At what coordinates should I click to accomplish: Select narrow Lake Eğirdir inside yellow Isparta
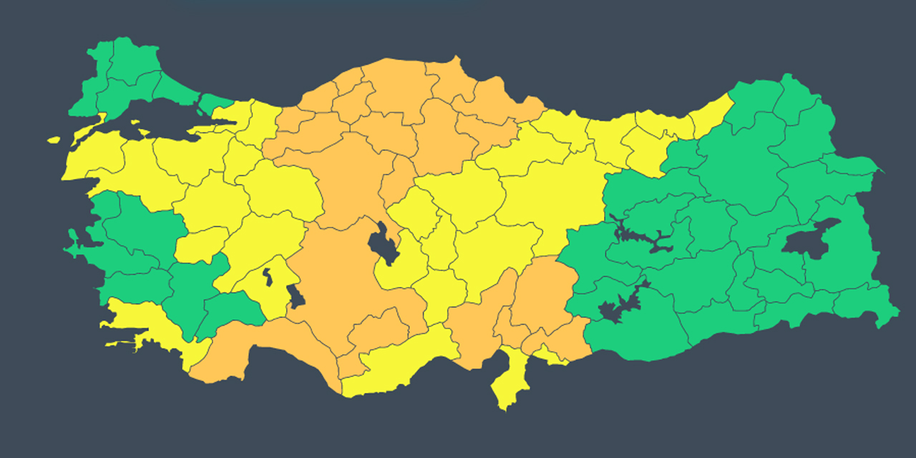pos(267,276)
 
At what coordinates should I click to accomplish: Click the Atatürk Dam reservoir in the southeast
pos(615,308)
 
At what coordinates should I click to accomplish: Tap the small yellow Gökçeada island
pos(54,140)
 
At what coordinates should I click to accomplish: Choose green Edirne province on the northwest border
pos(100,64)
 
